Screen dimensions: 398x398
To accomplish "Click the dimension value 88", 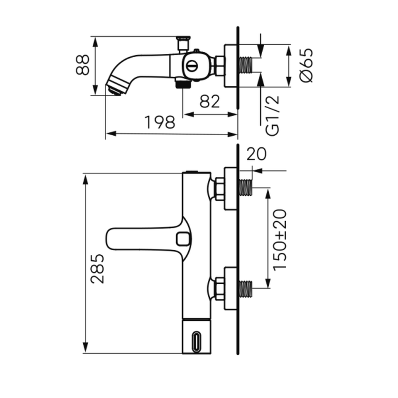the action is click(x=83, y=65).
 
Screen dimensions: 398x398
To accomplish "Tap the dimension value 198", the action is click(x=160, y=122).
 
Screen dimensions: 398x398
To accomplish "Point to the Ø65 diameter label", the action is click(x=306, y=65).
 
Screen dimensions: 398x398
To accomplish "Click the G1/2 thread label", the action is click(x=272, y=116).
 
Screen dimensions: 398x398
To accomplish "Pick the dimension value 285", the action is click(x=98, y=268).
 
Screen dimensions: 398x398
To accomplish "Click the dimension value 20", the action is click(x=256, y=154).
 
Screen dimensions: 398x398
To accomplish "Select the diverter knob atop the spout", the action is click(x=183, y=45).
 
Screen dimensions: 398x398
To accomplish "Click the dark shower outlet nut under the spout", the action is click(x=183, y=83).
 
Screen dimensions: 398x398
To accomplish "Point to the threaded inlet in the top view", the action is click(x=246, y=65).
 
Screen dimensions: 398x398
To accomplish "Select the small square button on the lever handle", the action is click(x=183, y=239).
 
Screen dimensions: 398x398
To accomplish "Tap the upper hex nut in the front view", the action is click(x=219, y=189).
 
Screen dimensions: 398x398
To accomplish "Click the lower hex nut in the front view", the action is click(x=219, y=289).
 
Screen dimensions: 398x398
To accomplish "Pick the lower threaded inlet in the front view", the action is click(x=246, y=289).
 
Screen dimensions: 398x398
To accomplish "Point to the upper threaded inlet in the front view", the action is click(x=246, y=187).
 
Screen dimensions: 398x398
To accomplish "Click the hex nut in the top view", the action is click(x=220, y=66).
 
